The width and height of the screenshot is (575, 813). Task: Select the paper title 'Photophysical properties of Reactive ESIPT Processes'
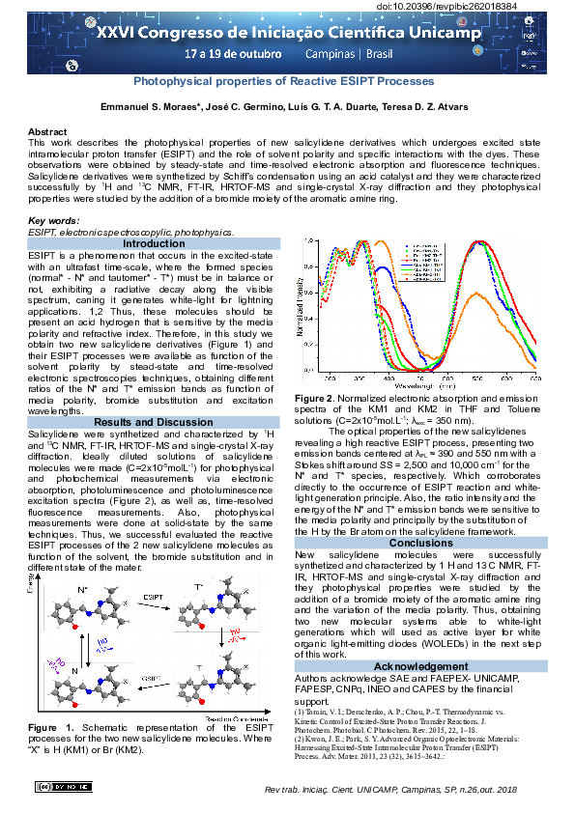coord(283,82)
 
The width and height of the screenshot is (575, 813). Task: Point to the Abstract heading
coord(47,131)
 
